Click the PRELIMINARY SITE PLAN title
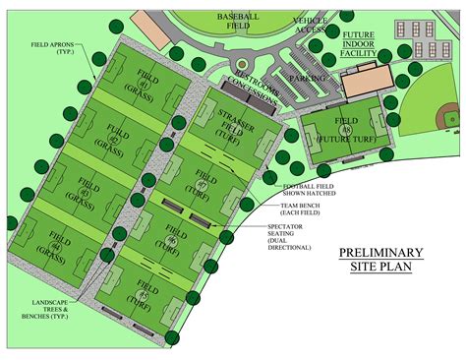coord(381,259)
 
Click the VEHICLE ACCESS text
coord(316,25)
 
